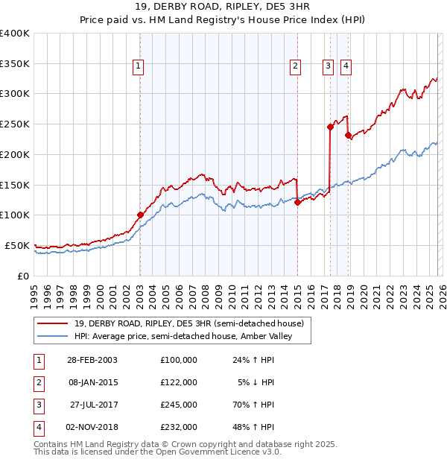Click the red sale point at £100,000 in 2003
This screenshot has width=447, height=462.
coord(140,215)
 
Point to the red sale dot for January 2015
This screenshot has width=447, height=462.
coord(297,201)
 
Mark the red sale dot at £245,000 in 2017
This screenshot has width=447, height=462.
coord(330,127)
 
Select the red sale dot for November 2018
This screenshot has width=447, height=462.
coord(348,135)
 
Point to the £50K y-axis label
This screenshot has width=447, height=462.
coord(17,245)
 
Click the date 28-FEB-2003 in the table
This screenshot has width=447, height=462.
coord(92,359)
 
